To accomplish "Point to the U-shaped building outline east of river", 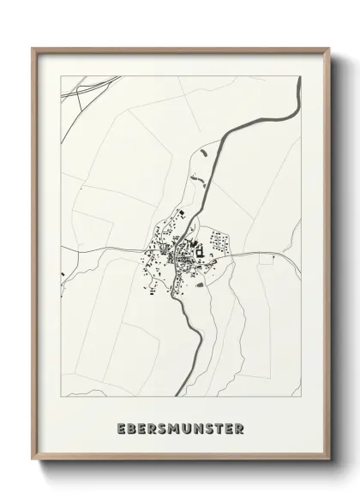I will [x=199, y=252].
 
